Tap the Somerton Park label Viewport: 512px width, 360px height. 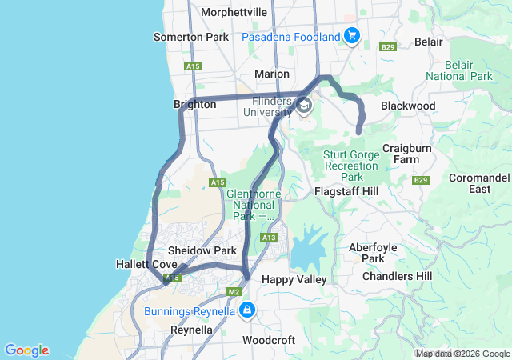pos(190,37)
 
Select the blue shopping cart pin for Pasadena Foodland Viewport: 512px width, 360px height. pos(351,36)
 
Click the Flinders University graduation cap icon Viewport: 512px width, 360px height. pos(304,106)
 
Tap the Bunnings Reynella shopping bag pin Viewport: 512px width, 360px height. pos(248,309)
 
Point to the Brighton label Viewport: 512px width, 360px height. pos(195,105)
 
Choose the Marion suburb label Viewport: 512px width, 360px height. pos(271,74)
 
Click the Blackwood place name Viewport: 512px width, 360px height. pos(408,106)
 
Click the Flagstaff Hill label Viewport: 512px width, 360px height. pos(346,192)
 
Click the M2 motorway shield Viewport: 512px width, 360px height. pos(234,292)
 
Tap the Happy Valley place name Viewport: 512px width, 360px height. pos(294,279)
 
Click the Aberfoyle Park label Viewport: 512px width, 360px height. pos(373,253)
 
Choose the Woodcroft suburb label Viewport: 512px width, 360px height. pos(269,340)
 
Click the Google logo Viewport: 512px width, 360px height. pos(26,350)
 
